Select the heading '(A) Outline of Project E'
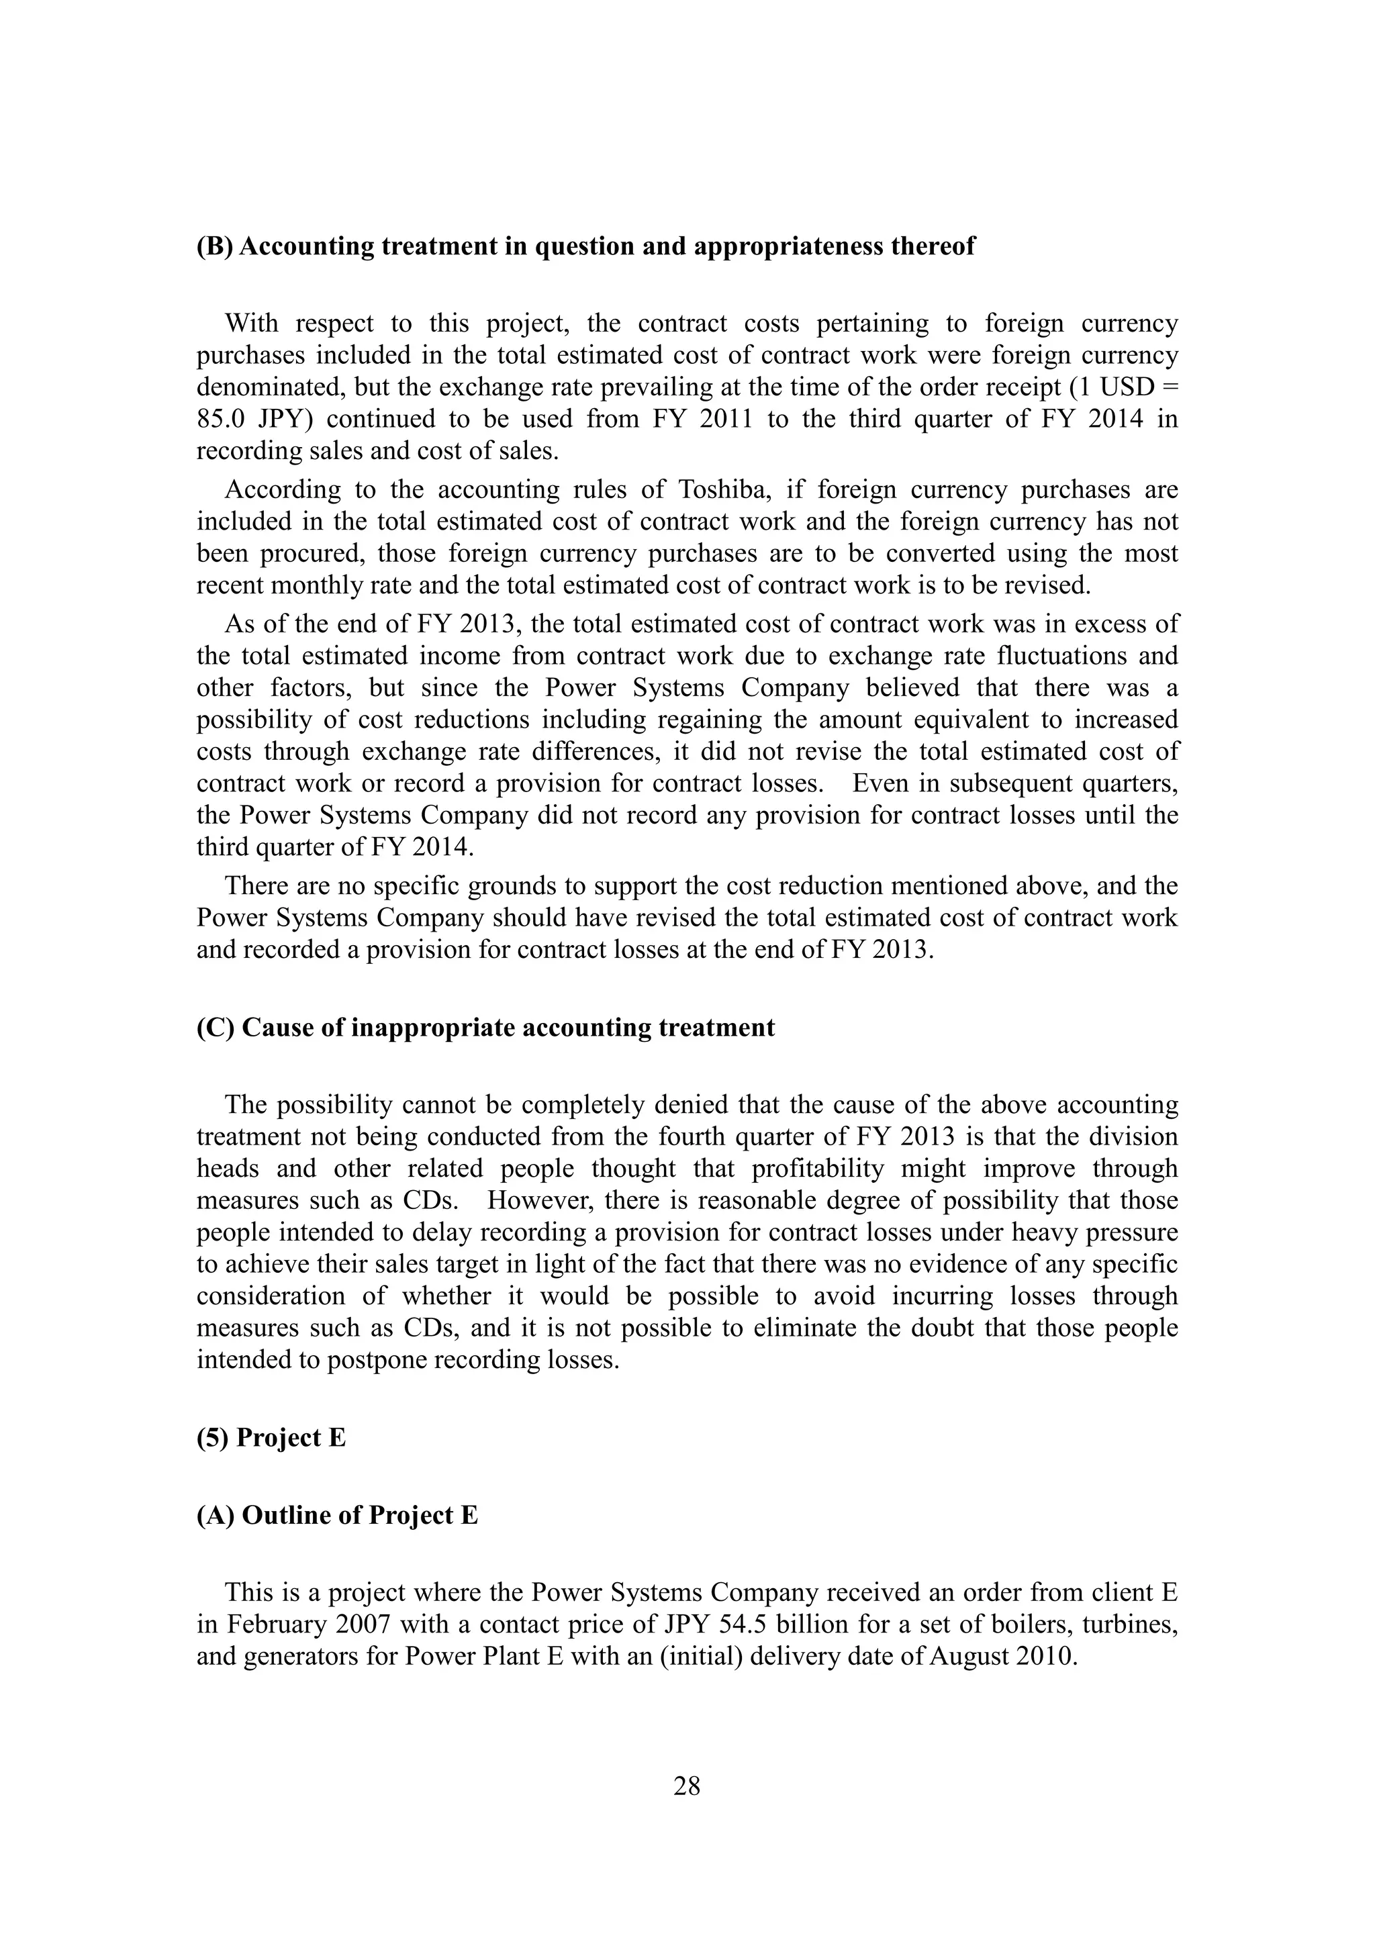click(337, 1515)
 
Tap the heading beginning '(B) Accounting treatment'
click(586, 246)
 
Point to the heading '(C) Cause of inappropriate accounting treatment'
click(485, 1027)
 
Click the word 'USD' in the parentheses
click(1129, 387)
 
